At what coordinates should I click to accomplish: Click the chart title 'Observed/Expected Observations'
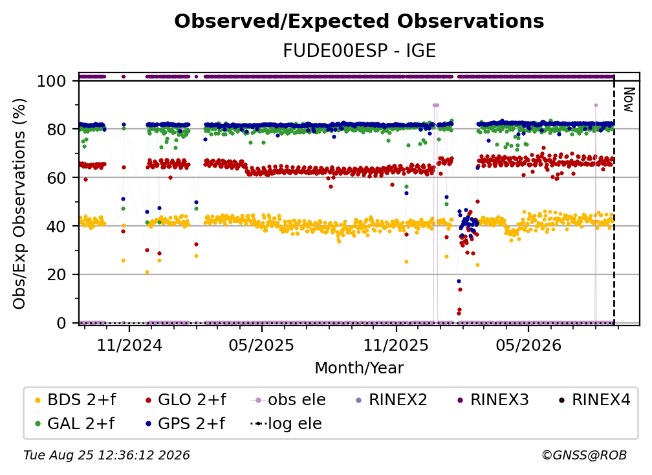(x=359, y=21)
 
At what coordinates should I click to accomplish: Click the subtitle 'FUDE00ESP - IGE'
(x=359, y=50)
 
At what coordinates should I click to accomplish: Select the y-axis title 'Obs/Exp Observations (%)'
(x=19, y=204)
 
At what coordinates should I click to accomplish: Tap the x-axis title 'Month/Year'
(x=359, y=368)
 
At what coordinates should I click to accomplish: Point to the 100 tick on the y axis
(x=52, y=81)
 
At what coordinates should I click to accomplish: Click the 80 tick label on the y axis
(x=56, y=129)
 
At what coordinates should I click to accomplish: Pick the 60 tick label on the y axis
(x=56, y=177)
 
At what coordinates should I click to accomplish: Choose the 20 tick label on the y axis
(x=56, y=274)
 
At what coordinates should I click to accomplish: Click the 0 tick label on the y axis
(x=61, y=323)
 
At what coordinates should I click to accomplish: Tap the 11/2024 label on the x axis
(x=129, y=345)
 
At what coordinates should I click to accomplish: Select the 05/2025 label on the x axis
(x=261, y=345)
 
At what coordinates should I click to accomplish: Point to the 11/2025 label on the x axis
(x=396, y=345)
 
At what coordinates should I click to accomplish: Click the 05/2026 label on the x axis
(x=528, y=345)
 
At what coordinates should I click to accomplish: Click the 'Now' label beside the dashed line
(x=628, y=100)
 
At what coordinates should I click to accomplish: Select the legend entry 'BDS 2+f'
(x=76, y=400)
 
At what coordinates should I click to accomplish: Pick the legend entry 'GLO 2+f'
(x=186, y=400)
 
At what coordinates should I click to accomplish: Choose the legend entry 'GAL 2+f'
(x=75, y=423)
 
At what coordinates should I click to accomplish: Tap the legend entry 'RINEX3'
(x=493, y=400)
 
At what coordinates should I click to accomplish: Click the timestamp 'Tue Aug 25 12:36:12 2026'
(x=107, y=456)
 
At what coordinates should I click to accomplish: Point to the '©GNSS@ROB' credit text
(x=584, y=456)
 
